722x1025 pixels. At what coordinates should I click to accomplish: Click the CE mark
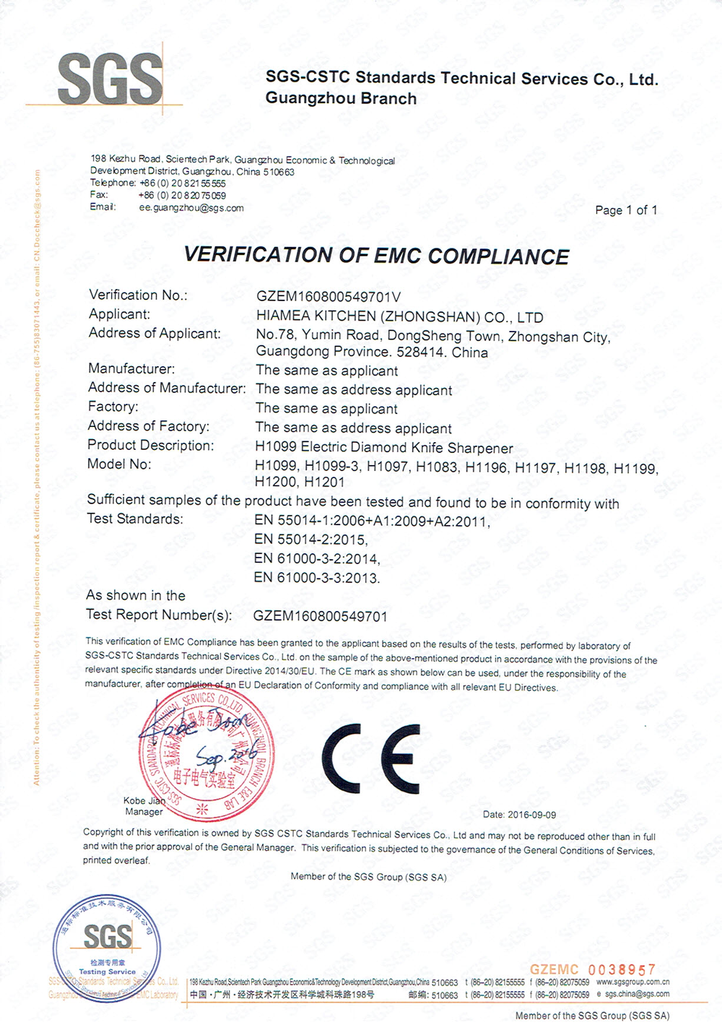click(x=370, y=758)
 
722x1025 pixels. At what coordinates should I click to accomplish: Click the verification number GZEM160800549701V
click(x=329, y=297)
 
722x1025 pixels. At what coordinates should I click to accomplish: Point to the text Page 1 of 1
click(x=626, y=210)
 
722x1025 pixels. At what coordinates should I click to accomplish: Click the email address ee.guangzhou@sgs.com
click(x=191, y=208)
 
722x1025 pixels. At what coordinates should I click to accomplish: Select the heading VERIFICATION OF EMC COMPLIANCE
click(x=376, y=256)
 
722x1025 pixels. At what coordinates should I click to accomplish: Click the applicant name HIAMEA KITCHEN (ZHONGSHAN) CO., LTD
click(x=399, y=317)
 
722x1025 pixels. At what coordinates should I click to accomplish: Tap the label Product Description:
click(x=150, y=445)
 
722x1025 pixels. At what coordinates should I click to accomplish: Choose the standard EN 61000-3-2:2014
click(x=316, y=558)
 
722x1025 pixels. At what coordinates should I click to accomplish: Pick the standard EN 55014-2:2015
click(x=310, y=540)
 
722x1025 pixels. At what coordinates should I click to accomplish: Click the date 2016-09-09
click(x=531, y=815)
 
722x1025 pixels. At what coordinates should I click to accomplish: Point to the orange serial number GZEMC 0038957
click(x=593, y=969)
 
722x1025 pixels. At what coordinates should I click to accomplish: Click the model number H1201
click(x=325, y=482)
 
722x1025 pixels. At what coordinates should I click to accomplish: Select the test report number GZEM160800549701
click(x=320, y=616)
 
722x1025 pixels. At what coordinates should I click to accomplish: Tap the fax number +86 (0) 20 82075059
click(x=182, y=195)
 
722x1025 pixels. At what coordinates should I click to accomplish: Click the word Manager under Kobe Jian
click(x=144, y=812)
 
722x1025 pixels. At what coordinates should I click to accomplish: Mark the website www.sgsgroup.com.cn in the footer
click(x=632, y=982)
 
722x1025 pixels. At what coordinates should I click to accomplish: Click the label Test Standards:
click(x=135, y=519)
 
